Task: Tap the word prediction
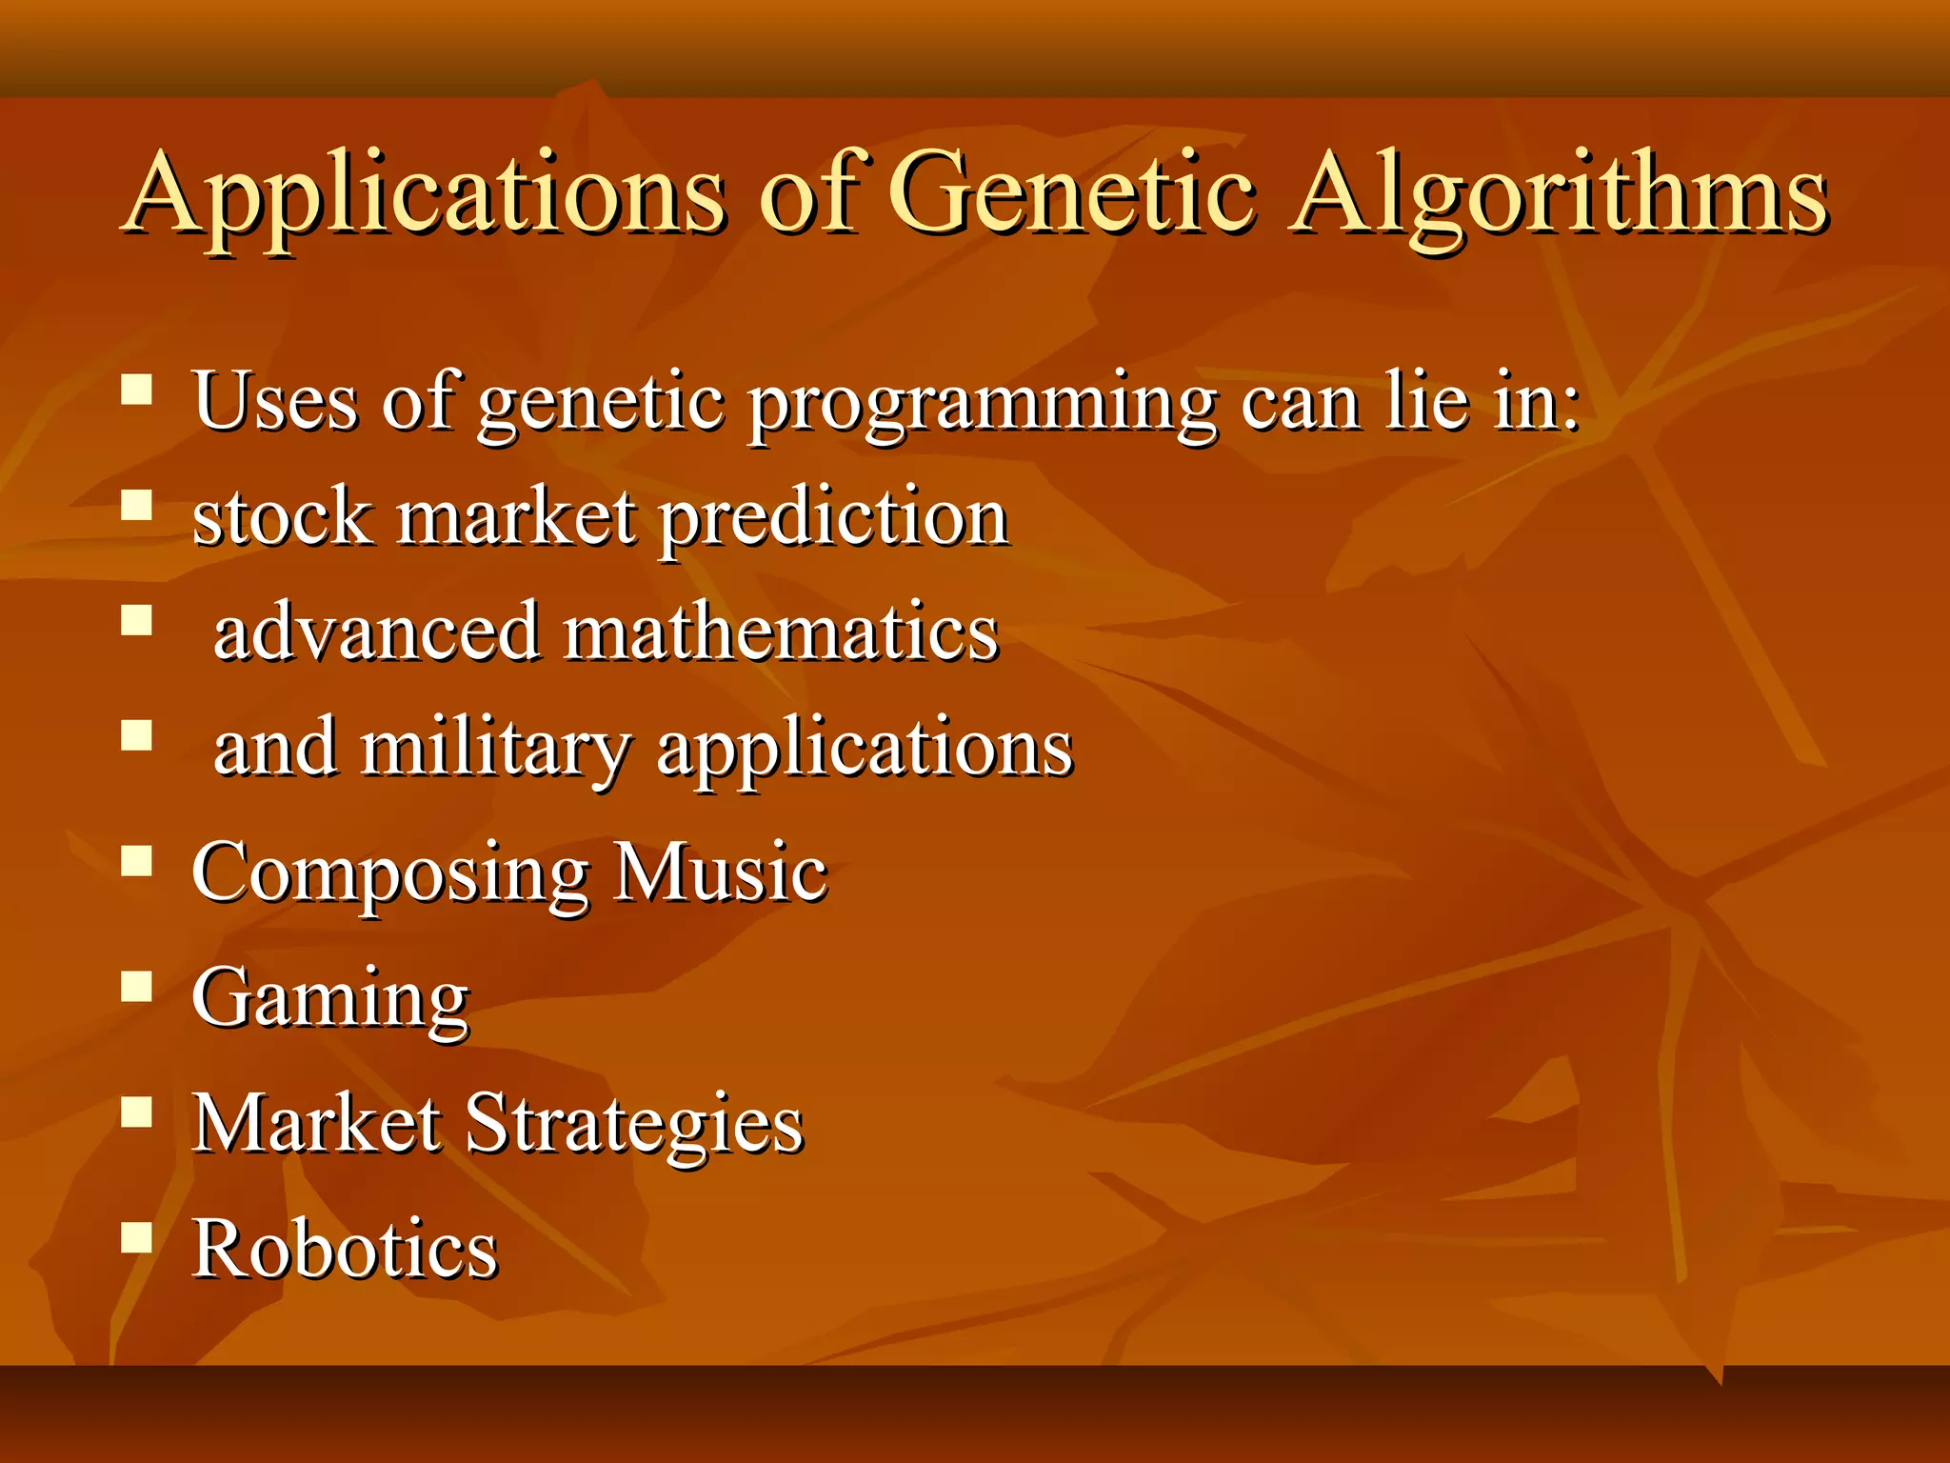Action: click(x=834, y=519)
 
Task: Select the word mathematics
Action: click(x=781, y=633)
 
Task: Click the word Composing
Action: click(x=390, y=874)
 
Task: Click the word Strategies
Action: click(x=634, y=1125)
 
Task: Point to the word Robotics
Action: click(x=345, y=1249)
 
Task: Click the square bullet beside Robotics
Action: click(x=137, y=1236)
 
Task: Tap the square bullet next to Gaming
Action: click(x=137, y=987)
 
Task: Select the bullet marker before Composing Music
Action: click(x=137, y=861)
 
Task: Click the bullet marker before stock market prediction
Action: click(x=137, y=505)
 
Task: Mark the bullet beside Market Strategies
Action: click(x=137, y=1112)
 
